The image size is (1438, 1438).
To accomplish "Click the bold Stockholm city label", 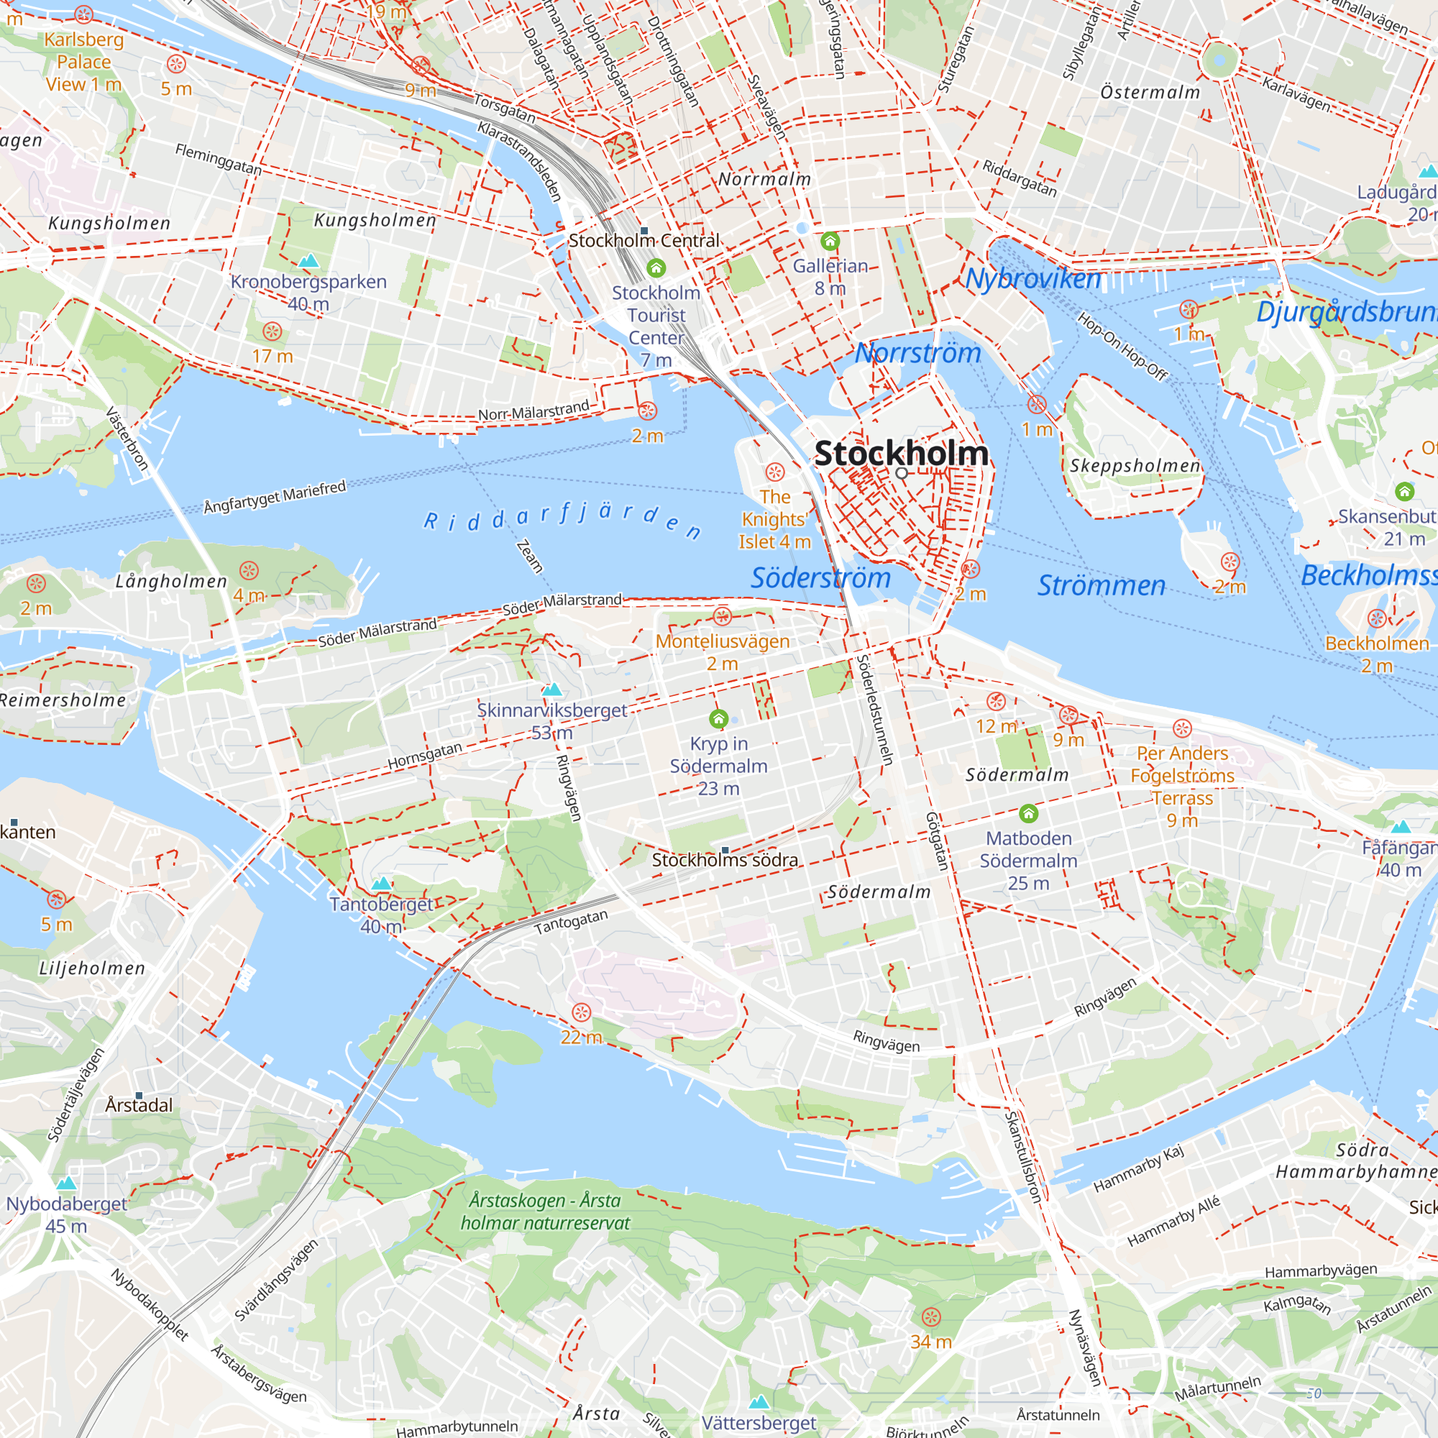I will [x=901, y=453].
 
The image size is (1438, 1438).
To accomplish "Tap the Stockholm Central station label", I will [x=644, y=240].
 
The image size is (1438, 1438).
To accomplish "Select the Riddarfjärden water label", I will [x=563, y=520].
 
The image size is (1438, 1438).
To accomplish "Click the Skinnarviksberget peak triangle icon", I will [x=551, y=690].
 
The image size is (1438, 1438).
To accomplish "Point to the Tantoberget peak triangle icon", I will [x=381, y=884].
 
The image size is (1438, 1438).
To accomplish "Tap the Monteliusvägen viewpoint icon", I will [x=722, y=616].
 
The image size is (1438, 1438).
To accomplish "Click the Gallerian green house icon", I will [x=830, y=241].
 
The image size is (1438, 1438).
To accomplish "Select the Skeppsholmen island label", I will [x=1135, y=466].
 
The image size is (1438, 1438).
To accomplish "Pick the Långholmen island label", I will [x=171, y=581].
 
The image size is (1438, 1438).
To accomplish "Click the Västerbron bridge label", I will [x=127, y=439].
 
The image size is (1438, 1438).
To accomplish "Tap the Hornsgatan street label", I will [x=425, y=756].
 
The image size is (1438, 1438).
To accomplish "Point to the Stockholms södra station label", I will [x=725, y=861].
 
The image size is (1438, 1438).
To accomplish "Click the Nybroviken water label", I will [x=1033, y=279].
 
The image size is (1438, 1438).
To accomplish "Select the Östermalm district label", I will [x=1150, y=92].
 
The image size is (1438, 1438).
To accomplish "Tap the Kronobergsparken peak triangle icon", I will [x=308, y=260].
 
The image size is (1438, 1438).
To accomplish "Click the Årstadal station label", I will [x=139, y=1104].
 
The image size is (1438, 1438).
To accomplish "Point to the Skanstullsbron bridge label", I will [x=1022, y=1158].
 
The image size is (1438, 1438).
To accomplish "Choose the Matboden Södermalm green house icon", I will [x=1028, y=812].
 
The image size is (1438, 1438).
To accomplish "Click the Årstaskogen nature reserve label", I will [x=545, y=1211].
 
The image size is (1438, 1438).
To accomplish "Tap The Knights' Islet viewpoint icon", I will [x=775, y=472].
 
